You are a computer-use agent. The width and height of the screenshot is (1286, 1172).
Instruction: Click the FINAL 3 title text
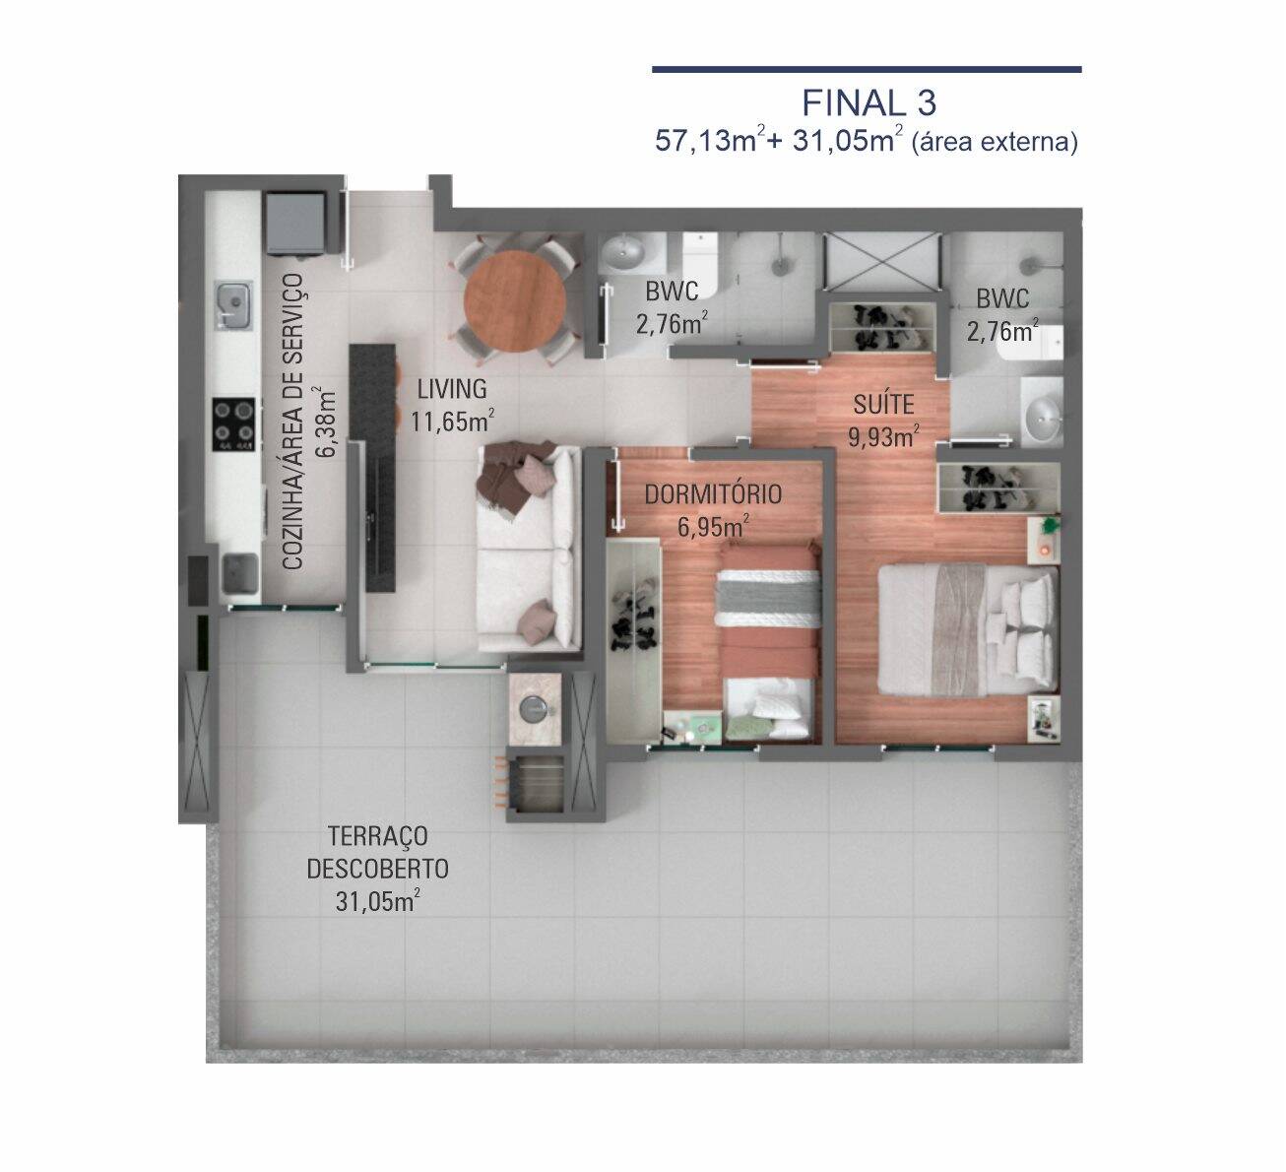tap(868, 102)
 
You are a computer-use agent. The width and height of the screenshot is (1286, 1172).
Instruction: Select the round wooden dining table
tap(515, 300)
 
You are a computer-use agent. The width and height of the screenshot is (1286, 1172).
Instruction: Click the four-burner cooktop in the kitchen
tap(234, 425)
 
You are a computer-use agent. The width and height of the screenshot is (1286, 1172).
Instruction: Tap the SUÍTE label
tap(883, 404)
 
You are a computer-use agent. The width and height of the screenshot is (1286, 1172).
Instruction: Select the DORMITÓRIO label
tap(713, 494)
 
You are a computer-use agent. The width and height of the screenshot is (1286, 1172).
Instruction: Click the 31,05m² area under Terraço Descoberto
tap(377, 901)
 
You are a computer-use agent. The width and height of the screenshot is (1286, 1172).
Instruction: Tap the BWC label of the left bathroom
tap(672, 293)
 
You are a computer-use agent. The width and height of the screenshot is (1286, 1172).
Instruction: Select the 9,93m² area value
tap(883, 436)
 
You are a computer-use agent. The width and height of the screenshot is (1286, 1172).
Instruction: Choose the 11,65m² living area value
tap(452, 421)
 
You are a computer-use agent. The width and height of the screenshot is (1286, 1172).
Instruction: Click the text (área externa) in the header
tap(995, 142)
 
